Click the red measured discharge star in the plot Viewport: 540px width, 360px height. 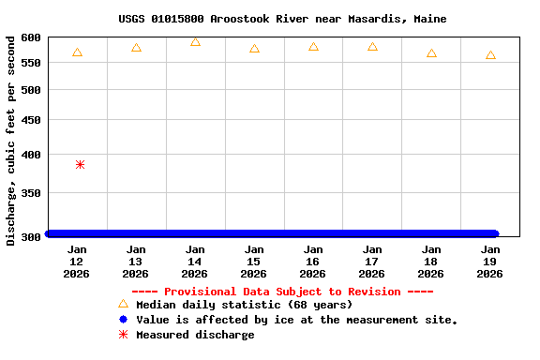pos(80,164)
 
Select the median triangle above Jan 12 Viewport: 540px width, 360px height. pos(77,52)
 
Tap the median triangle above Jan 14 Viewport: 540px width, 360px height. pos(195,42)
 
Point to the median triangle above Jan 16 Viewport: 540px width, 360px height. pos(313,47)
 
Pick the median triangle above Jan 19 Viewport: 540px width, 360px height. pos(490,56)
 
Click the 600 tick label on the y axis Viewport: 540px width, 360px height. pos(31,37)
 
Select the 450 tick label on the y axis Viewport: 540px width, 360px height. pos(31,121)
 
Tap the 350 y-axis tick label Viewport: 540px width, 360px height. pos(31,193)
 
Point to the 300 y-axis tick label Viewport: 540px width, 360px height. pos(31,236)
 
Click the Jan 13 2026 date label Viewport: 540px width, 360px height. pos(135,262)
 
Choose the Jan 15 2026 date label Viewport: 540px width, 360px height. pos(253,262)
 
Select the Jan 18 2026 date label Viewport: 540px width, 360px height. pos(430,262)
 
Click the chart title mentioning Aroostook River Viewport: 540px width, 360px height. pos(282,19)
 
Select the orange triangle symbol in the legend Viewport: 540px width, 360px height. pos(123,304)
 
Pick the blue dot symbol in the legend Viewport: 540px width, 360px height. pos(123,320)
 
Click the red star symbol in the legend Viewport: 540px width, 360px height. pos(123,335)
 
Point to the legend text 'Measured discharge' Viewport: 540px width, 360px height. pos(195,335)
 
